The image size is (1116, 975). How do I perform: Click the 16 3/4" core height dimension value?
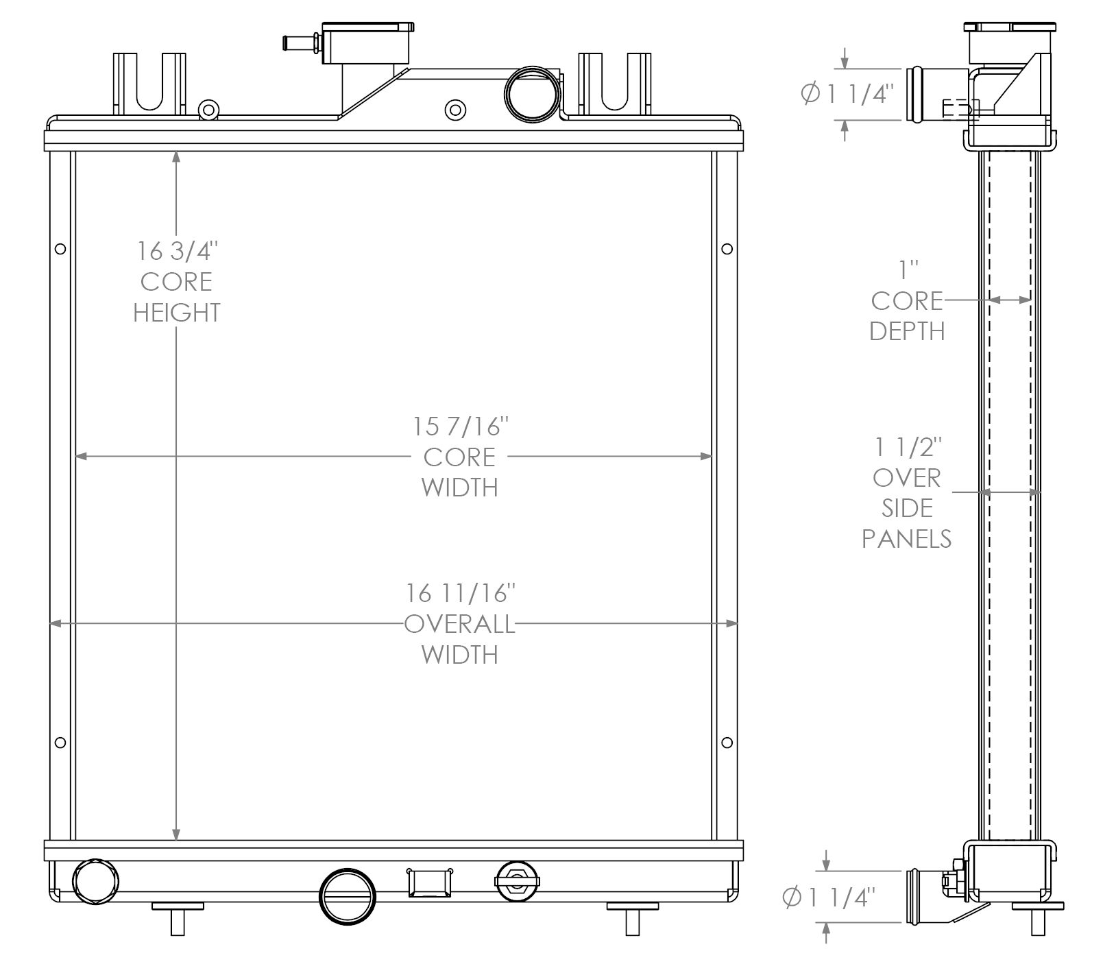177,252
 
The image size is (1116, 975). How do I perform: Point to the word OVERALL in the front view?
459,624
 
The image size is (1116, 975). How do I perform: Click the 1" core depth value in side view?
908,270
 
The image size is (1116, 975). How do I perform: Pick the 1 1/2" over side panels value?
908,448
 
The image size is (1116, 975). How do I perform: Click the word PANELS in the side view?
906,539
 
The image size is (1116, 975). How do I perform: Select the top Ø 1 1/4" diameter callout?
849,94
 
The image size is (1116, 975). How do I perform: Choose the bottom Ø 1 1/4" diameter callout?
830,898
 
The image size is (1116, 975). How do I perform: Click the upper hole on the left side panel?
60,249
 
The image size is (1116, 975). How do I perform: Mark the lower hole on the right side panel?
727,743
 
